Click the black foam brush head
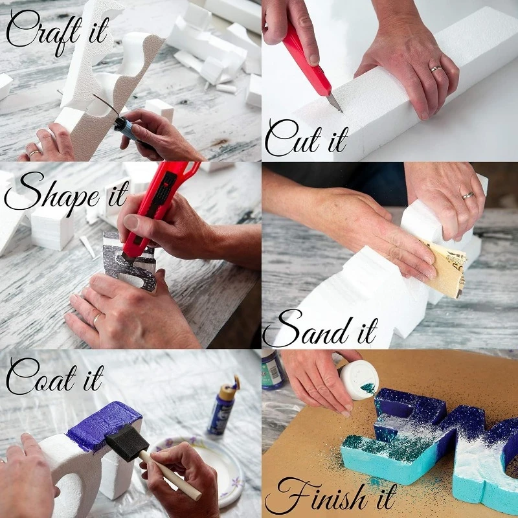tap(123, 444)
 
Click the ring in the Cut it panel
tap(436, 68)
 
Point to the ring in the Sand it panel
tap(467, 195)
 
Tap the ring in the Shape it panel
tap(96, 318)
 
